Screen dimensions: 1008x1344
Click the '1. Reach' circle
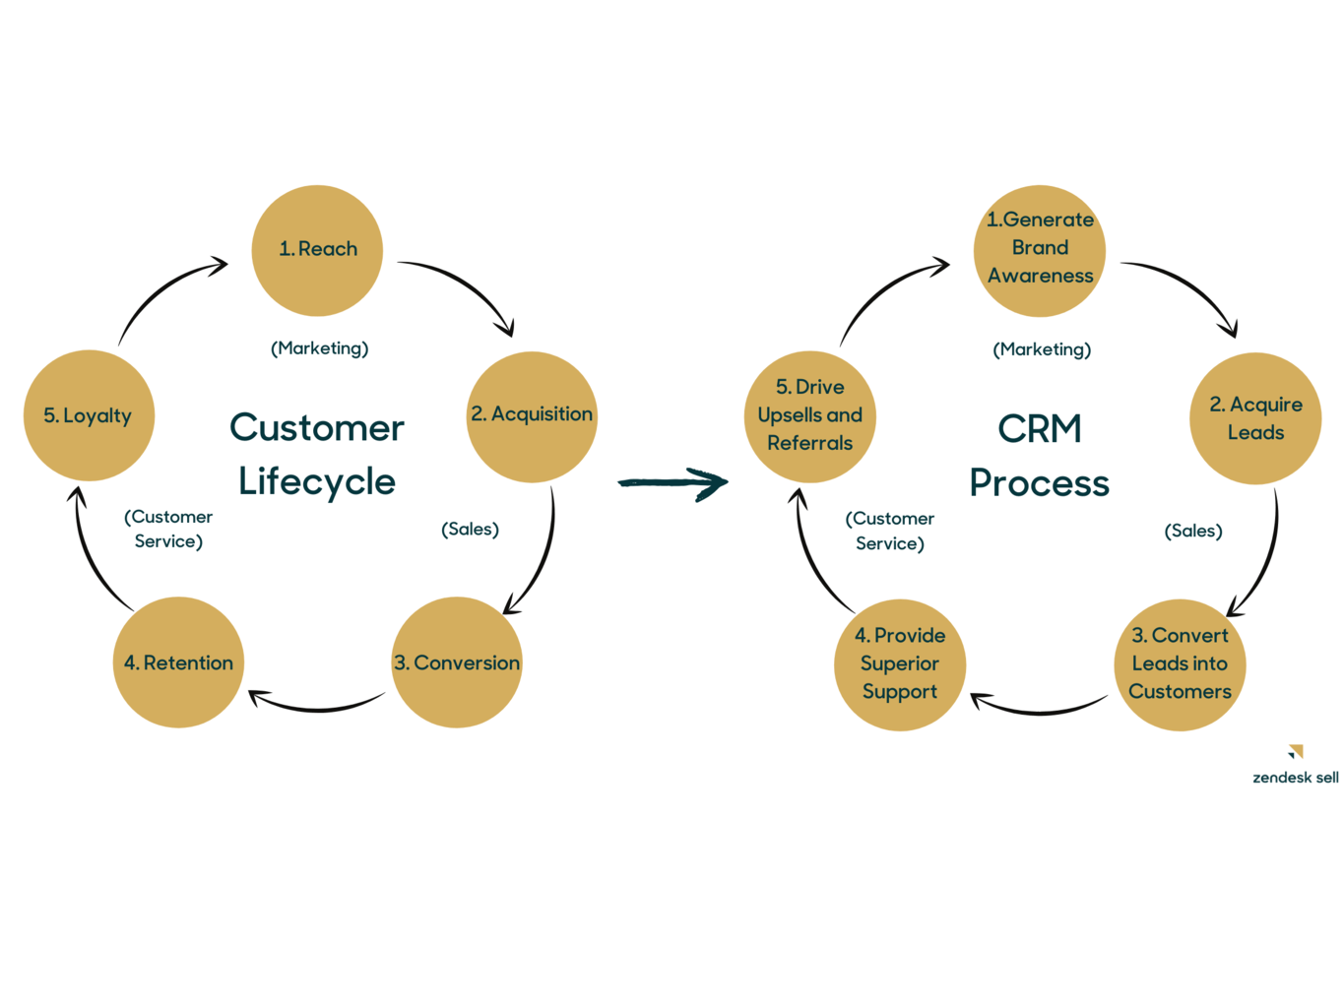(317, 250)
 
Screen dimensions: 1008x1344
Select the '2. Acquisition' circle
(532, 416)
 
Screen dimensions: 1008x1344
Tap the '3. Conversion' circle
(456, 662)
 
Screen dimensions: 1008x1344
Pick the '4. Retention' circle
(178, 662)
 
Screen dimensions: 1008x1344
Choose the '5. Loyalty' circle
(89, 415)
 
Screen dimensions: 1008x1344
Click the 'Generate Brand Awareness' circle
(1040, 250)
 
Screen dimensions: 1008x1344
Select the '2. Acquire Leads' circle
(1255, 418)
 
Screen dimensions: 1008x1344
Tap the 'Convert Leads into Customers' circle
(1180, 664)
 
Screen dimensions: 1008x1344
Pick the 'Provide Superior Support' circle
(900, 664)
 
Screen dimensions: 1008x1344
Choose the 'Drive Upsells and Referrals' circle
(809, 416)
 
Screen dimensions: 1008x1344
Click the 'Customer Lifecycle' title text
(317, 455)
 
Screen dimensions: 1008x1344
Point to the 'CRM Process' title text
(1040, 456)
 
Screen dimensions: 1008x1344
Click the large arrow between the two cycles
(673, 482)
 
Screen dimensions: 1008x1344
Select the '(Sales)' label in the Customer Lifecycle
(470, 530)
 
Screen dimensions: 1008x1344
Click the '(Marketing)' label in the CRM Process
(1042, 349)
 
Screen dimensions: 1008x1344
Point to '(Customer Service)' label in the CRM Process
(890, 531)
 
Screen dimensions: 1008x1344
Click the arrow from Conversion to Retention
(317, 705)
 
